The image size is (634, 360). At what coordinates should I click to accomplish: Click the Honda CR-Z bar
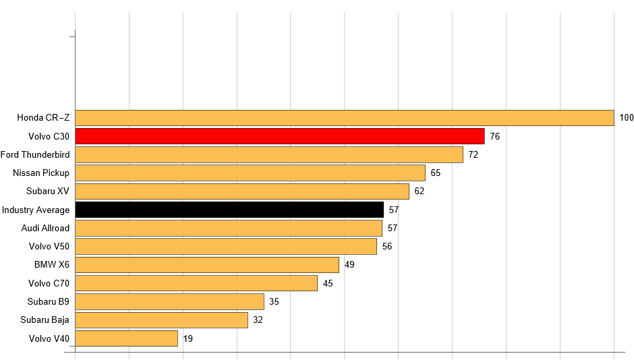click(x=344, y=118)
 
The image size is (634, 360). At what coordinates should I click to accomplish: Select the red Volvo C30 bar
click(x=279, y=136)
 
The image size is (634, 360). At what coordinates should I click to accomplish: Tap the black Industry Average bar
click(x=229, y=210)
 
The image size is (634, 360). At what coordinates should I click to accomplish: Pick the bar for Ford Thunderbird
click(x=268, y=154)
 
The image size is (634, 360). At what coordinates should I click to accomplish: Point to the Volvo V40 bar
click(x=126, y=338)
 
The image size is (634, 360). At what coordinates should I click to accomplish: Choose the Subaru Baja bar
click(x=161, y=320)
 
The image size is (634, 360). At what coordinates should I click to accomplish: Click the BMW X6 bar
click(x=206, y=264)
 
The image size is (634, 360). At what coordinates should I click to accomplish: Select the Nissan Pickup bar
click(x=250, y=173)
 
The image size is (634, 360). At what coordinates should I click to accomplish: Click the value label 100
click(x=627, y=118)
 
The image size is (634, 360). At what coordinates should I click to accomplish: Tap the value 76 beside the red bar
click(x=495, y=136)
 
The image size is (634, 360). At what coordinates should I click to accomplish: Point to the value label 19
click(x=188, y=338)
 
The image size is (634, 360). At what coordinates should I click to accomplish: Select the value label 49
click(x=349, y=264)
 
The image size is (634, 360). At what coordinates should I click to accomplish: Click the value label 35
click(x=274, y=301)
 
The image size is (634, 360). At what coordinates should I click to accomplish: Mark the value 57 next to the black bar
click(x=394, y=210)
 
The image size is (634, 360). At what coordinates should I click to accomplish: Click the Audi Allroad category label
click(x=45, y=228)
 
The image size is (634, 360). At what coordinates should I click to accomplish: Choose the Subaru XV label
click(x=48, y=191)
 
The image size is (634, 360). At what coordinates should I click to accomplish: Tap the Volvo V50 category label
click(x=49, y=246)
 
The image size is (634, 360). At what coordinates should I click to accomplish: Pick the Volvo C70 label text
click(x=49, y=283)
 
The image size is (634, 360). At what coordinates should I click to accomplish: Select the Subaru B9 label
click(x=49, y=301)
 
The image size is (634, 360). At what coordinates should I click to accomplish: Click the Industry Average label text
click(x=36, y=210)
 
